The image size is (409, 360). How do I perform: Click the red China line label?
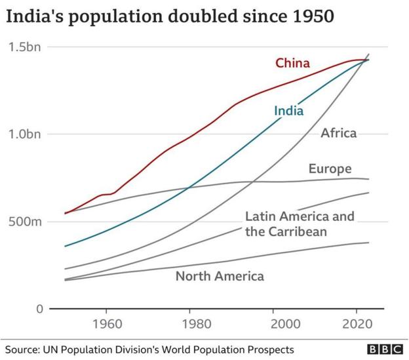pyautogui.click(x=292, y=64)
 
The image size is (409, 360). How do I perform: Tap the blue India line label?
pyautogui.click(x=288, y=110)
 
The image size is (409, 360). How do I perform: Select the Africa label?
pyautogui.click(x=338, y=133)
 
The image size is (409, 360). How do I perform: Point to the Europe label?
pyautogui.click(x=330, y=169)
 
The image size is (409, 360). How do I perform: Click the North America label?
pyautogui.click(x=220, y=276)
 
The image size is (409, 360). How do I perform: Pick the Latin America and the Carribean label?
pyautogui.click(x=290, y=224)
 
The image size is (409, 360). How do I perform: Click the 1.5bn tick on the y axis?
pyautogui.click(x=25, y=47)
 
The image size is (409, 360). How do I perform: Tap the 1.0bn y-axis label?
pyautogui.click(x=25, y=134)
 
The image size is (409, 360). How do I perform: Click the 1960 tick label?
pyautogui.click(x=107, y=325)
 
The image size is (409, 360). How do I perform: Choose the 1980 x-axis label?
pyautogui.click(x=190, y=325)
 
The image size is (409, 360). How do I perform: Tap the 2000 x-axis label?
pyautogui.click(x=273, y=325)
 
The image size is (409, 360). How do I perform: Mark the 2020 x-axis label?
pyautogui.click(x=357, y=325)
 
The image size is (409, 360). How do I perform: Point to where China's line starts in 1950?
pyautogui.click(x=65, y=213)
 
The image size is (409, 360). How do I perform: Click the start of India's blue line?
pyautogui.click(x=65, y=246)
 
